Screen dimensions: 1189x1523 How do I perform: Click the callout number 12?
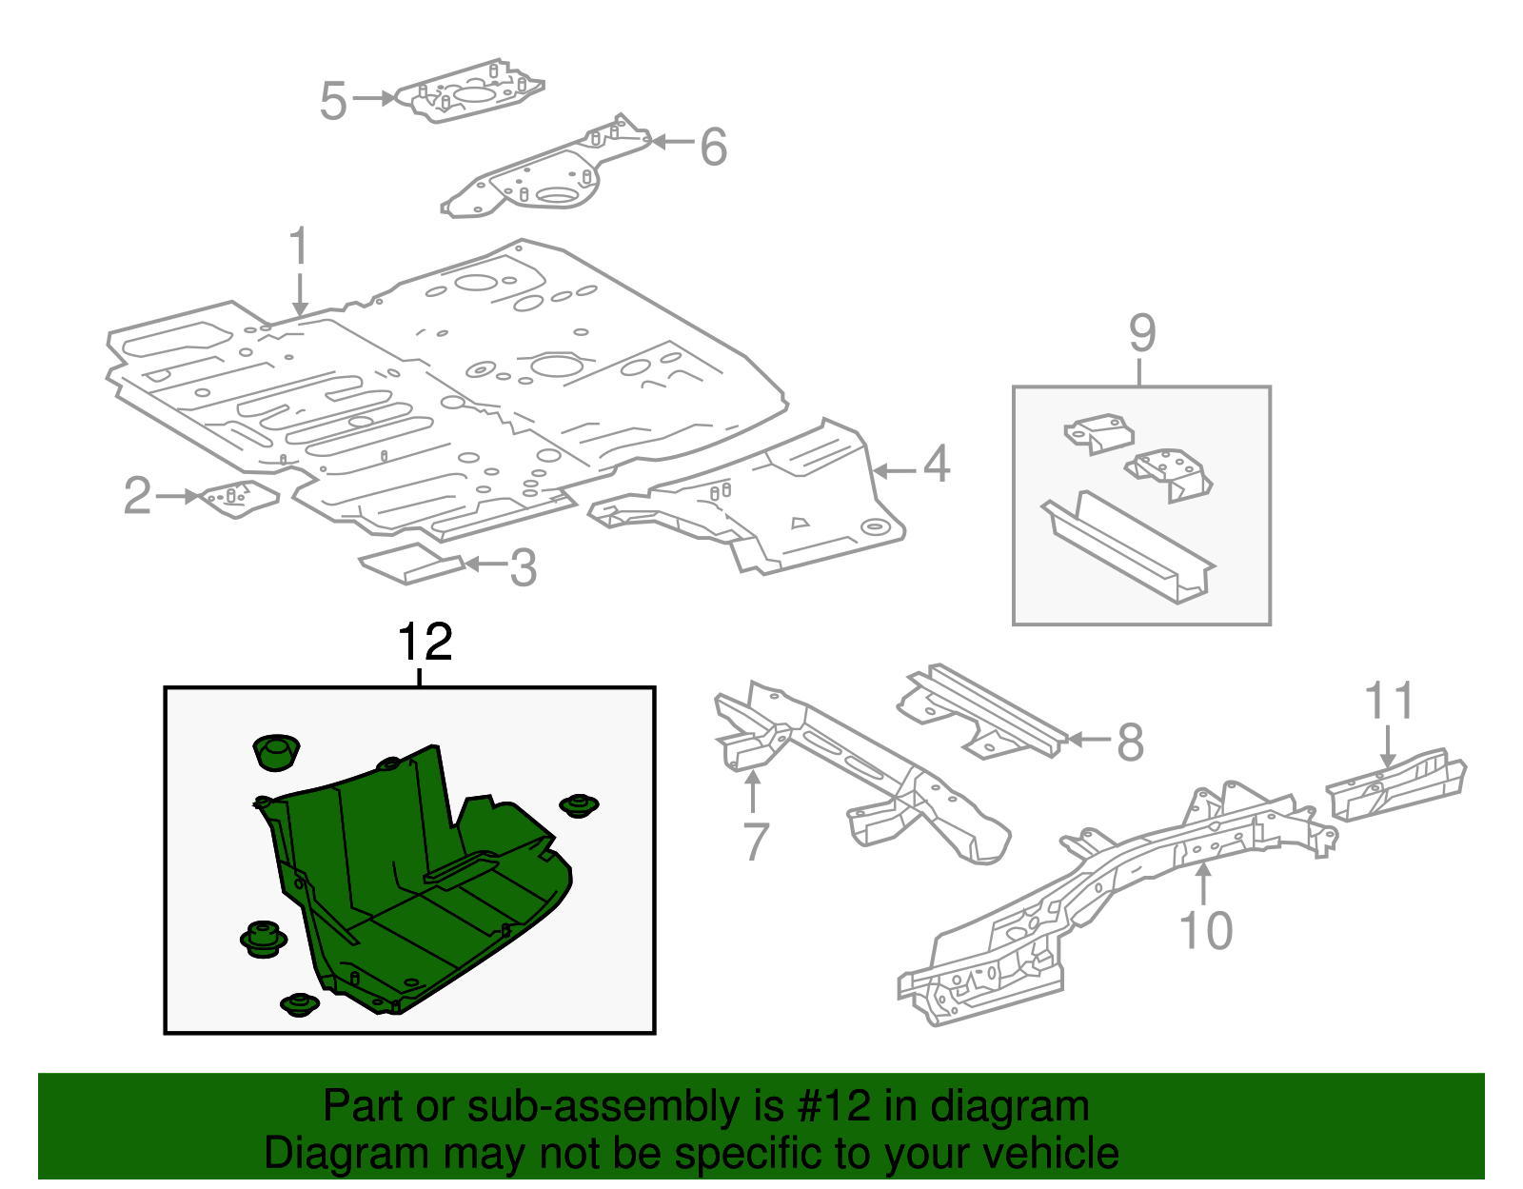[425, 643]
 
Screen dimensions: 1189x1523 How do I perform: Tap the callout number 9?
[1141, 333]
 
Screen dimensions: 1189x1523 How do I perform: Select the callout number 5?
[333, 101]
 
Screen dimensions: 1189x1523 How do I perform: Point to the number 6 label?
[713, 147]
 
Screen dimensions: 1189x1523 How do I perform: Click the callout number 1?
[299, 247]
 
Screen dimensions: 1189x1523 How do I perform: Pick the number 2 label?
[138, 496]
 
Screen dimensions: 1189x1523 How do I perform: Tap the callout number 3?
[523, 568]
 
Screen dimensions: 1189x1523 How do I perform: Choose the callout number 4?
[937, 464]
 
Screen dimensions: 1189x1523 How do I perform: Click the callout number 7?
[755, 841]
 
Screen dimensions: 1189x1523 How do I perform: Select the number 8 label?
[1129, 743]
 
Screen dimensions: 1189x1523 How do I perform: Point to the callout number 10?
[1205, 930]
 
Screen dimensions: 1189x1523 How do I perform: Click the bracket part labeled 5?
[470, 91]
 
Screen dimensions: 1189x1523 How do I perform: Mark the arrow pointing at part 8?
[1087, 739]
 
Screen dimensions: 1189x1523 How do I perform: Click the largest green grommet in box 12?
[276, 751]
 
